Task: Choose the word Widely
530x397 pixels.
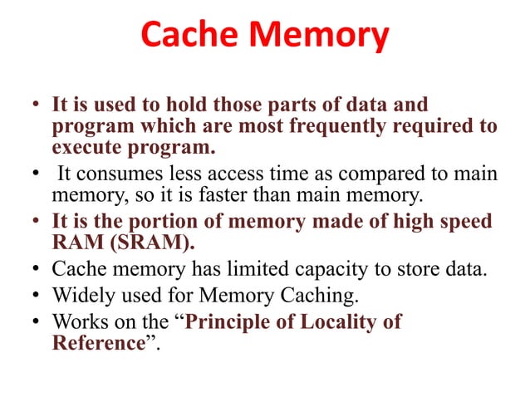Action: (x=81, y=295)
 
